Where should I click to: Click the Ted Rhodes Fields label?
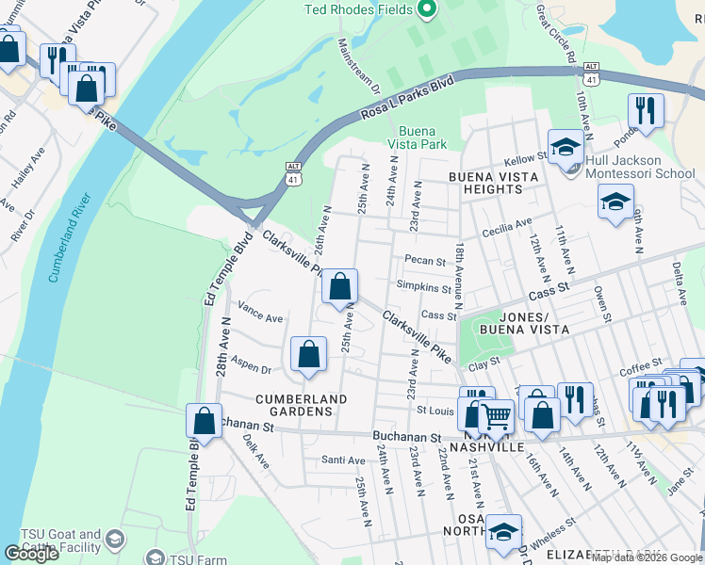pos(358,10)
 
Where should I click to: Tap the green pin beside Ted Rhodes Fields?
pos(425,10)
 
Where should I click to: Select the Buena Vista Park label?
pos(421,138)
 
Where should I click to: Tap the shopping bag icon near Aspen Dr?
pos(308,354)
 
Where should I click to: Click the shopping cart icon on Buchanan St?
pos(496,414)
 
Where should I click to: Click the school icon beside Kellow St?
pos(566,147)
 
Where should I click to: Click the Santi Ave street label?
pos(343,460)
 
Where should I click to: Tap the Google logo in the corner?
pos(31,553)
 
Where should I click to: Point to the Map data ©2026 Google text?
pos(646,557)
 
